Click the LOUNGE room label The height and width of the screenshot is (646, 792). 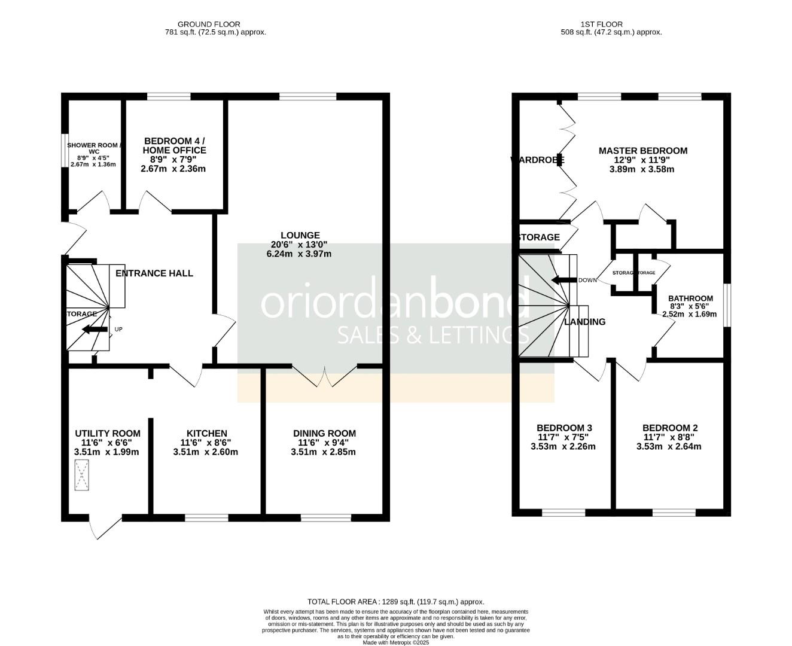click(x=300, y=235)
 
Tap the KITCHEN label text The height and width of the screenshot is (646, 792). click(x=206, y=433)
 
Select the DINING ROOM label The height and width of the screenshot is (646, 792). click(x=324, y=433)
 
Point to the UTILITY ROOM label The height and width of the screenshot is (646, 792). click(x=108, y=433)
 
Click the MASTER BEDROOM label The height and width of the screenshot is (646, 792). click(x=642, y=151)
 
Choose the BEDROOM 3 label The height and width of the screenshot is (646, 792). click(x=564, y=428)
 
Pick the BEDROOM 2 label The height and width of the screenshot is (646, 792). click(x=669, y=428)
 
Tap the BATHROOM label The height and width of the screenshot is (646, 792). click(x=690, y=298)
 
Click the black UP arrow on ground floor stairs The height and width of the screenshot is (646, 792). click(x=95, y=329)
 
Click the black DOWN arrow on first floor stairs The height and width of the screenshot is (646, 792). click(x=563, y=280)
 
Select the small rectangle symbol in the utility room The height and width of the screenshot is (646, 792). click(x=81, y=477)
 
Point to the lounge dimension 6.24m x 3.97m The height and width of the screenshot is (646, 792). click(x=298, y=254)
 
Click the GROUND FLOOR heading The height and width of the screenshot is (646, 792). click(x=215, y=24)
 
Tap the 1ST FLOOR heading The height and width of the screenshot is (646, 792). click(x=601, y=24)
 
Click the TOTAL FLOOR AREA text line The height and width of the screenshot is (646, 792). click(x=395, y=602)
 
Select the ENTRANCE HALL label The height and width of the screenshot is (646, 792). click(x=154, y=273)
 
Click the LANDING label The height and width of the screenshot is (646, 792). click(x=585, y=322)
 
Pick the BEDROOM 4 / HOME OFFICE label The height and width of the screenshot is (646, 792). click(x=174, y=145)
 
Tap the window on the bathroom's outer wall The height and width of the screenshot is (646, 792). click(x=726, y=305)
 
